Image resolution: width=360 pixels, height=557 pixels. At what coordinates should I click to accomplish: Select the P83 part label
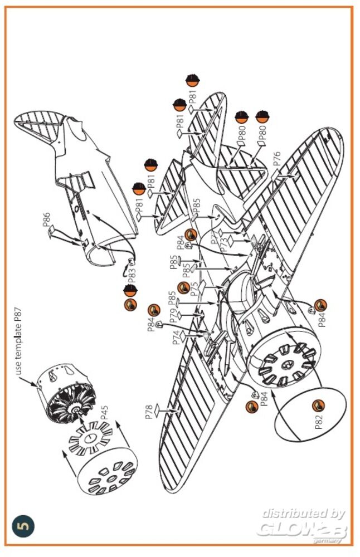click(x=132, y=275)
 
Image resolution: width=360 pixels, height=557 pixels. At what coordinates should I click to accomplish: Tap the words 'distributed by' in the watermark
click(x=303, y=513)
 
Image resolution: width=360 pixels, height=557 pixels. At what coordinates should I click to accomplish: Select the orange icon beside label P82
click(x=318, y=405)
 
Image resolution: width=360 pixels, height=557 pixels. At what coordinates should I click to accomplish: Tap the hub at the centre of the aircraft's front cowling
click(x=288, y=365)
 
